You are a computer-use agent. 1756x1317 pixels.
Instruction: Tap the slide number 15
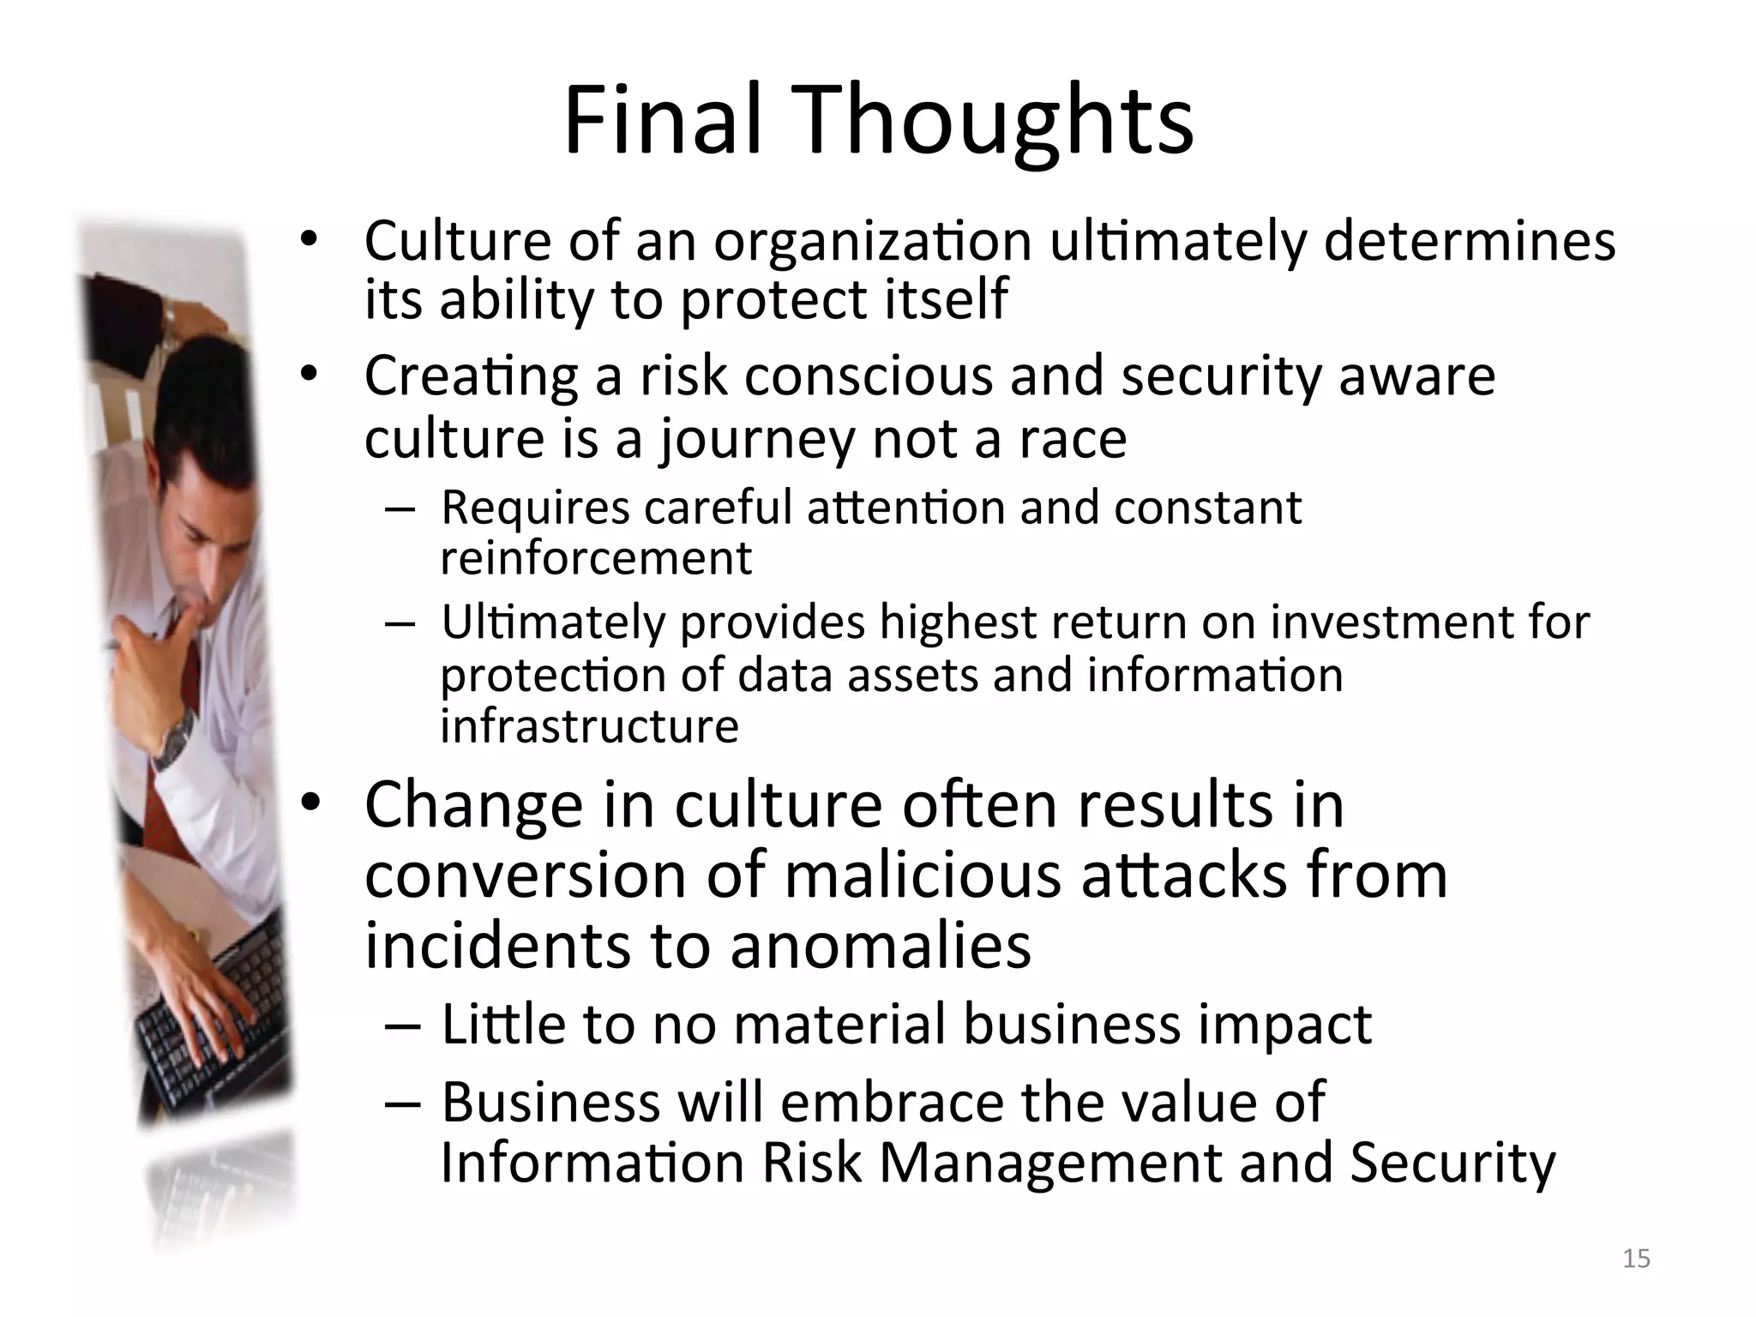pyautogui.click(x=1636, y=1259)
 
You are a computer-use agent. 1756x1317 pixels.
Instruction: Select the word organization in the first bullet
pyautogui.click(x=872, y=243)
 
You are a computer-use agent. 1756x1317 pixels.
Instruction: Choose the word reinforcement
pyautogui.click(x=596, y=559)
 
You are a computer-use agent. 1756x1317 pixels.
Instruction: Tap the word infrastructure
pyautogui.click(x=589, y=727)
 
